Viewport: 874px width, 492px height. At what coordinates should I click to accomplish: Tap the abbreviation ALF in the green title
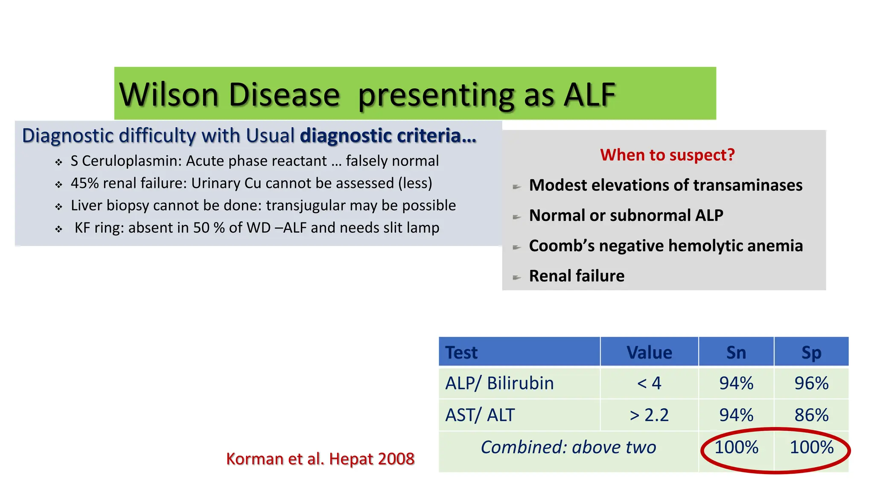coord(589,95)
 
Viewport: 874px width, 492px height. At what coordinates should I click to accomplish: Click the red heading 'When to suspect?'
coord(667,155)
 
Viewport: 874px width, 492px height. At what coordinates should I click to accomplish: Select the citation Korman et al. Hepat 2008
coord(320,459)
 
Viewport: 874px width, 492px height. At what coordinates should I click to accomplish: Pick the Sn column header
coord(736,352)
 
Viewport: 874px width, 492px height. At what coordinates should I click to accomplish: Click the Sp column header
coord(811,352)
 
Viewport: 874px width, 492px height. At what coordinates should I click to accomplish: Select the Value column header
coord(649,352)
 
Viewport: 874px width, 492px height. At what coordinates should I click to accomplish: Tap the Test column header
coord(461,352)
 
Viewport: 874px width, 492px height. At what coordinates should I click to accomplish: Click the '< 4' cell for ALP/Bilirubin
coord(649,383)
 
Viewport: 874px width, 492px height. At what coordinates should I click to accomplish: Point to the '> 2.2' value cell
coord(649,415)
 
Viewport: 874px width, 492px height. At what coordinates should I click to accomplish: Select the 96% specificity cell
coord(811,383)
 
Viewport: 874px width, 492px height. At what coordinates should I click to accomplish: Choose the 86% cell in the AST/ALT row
coord(811,415)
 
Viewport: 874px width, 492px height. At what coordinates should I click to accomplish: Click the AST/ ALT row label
coord(480,415)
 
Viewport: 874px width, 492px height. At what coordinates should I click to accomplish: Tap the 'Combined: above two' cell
coord(568,447)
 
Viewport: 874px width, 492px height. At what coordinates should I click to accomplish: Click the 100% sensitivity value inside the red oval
coord(736,447)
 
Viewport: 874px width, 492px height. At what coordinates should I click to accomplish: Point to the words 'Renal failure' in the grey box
coord(577,276)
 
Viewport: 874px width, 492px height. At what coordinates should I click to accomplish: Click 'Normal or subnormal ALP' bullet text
coord(626,215)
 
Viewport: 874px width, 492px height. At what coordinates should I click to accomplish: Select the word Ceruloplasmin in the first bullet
coord(132,161)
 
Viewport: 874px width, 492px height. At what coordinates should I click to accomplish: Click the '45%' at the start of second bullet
coord(84,183)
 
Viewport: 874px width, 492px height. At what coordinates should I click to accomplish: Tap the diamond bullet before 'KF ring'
coord(59,229)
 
